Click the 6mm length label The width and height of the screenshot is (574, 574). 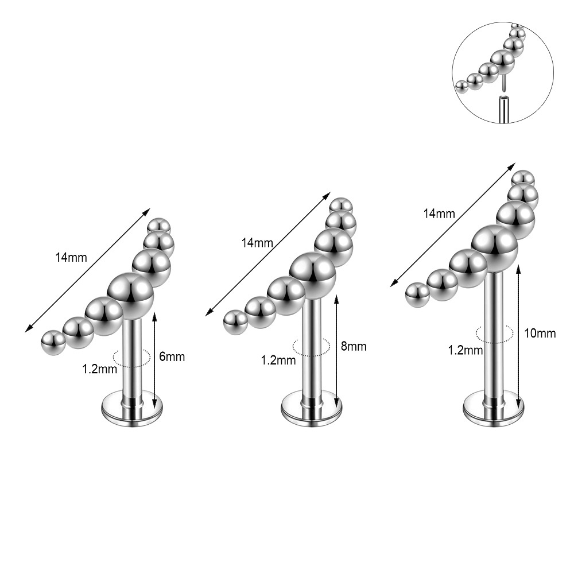(172, 356)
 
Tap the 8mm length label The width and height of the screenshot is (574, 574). (354, 346)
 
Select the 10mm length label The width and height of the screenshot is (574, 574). (540, 333)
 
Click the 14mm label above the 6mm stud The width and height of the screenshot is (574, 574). (71, 257)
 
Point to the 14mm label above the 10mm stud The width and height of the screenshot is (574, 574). (439, 214)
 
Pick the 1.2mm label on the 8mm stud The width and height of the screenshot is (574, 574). (278, 361)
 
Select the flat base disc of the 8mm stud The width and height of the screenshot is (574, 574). (312, 405)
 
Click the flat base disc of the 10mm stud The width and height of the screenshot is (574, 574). (494, 404)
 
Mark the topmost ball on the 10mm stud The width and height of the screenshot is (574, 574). (522, 179)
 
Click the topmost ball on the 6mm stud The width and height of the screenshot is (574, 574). (158, 226)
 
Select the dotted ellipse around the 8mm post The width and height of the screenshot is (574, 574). (311, 346)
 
